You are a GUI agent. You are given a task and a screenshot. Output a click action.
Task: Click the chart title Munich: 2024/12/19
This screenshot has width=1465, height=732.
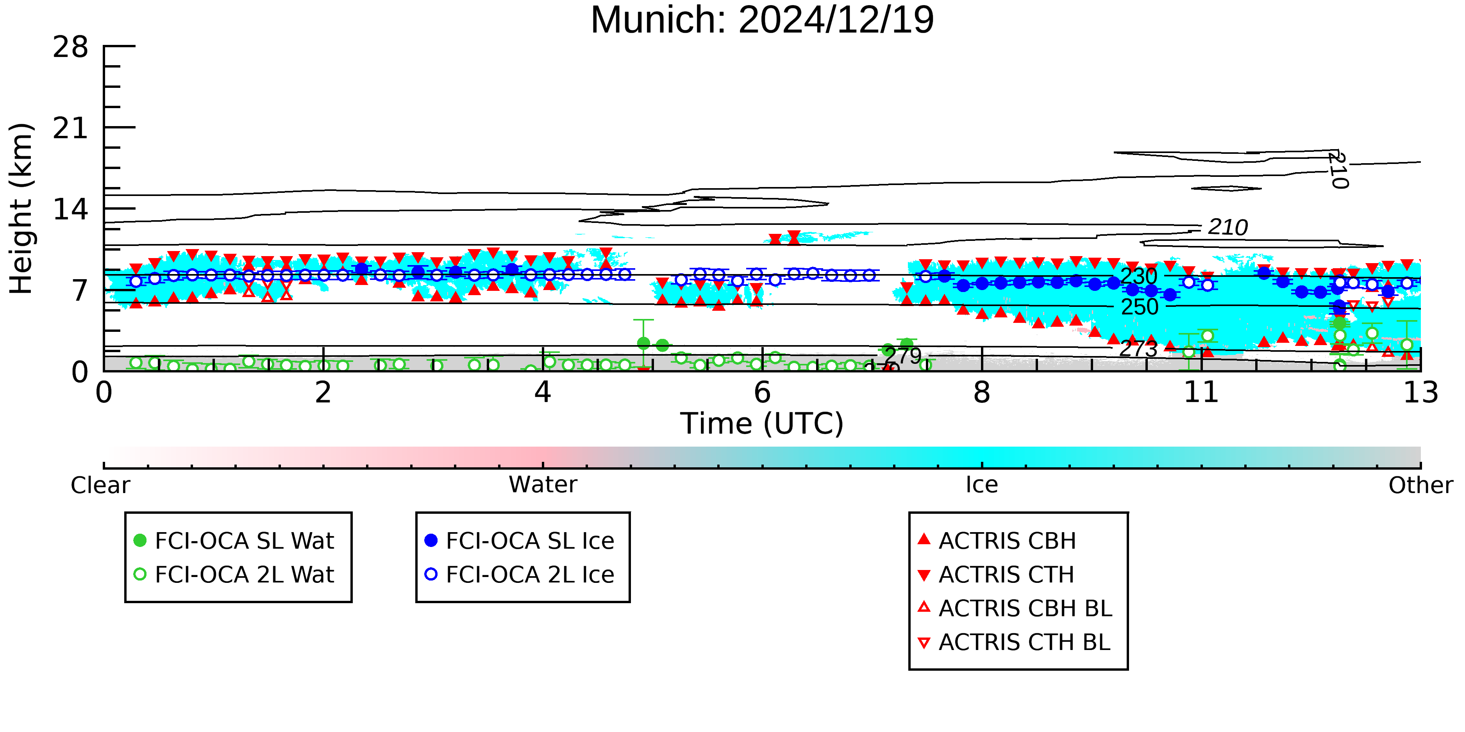pyautogui.click(x=762, y=20)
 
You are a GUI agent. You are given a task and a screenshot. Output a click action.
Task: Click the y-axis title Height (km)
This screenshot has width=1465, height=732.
pyautogui.click(x=21, y=208)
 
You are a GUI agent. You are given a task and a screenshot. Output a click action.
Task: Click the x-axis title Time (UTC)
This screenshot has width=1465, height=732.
pyautogui.click(x=762, y=424)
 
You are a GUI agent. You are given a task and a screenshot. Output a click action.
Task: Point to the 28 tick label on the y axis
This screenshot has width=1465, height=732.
pyautogui.click(x=71, y=46)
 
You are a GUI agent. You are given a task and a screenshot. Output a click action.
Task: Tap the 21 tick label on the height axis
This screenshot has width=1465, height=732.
pyautogui.click(x=71, y=128)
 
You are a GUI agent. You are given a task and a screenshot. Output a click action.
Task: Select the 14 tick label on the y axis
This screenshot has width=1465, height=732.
pyautogui.click(x=71, y=209)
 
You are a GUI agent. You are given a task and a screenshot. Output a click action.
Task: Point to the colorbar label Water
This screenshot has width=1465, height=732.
pyautogui.click(x=543, y=485)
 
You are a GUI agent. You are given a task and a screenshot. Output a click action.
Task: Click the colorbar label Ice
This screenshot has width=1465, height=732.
pyautogui.click(x=982, y=485)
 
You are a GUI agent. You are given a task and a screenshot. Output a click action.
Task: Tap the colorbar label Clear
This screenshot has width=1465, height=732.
pyautogui.click(x=100, y=485)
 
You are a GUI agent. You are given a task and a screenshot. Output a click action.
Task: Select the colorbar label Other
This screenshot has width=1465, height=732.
pyautogui.click(x=1420, y=485)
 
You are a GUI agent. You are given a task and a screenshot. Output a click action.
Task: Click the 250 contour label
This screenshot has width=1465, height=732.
pyautogui.click(x=1140, y=307)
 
